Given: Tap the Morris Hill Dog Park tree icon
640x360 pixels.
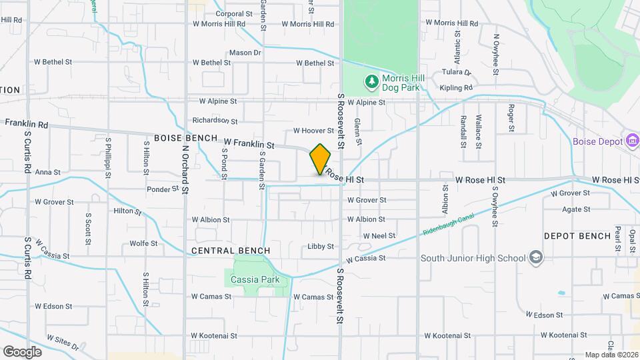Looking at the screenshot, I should point(371,82).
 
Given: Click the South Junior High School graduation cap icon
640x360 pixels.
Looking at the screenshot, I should point(535,258).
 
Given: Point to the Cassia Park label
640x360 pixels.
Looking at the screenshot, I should point(255,279).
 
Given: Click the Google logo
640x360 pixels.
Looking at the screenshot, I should point(23,352).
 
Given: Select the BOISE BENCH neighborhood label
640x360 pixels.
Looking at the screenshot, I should point(186,138).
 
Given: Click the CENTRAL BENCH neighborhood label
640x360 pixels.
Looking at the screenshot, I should point(231,251).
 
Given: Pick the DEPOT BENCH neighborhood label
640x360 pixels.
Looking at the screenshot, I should point(577,236).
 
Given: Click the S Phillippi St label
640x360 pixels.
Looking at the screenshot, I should point(108,159).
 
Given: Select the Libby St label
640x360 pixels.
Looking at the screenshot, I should point(321,247).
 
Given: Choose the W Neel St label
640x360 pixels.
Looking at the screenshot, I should point(379,236).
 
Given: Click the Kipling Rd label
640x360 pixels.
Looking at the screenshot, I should point(456,87).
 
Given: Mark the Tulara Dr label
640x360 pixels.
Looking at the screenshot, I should point(456,72).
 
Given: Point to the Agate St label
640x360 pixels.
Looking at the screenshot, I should point(577,209).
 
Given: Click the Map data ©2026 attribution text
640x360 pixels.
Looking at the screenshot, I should point(611,355).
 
